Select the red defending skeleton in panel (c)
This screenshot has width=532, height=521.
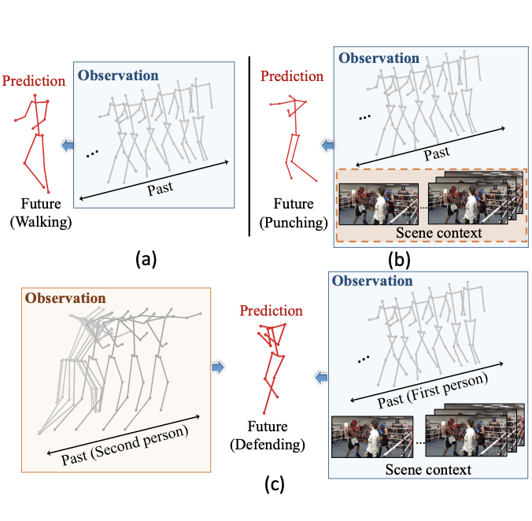pos(273,367)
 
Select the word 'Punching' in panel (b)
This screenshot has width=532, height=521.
pos(294,223)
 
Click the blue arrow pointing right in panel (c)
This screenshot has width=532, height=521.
pos(219,366)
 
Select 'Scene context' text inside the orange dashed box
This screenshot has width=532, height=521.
pos(429,233)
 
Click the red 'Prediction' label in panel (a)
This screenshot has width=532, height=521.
pos(33,80)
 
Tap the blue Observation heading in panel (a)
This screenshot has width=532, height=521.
pos(118,76)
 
